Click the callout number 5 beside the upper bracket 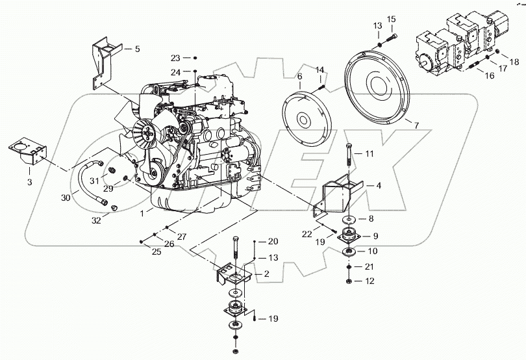(137, 49)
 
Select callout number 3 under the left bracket (29, 183)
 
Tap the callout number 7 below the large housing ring (416, 126)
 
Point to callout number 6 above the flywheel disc (299, 77)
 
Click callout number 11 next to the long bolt (369, 154)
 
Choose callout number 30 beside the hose (66, 198)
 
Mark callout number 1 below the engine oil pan (142, 213)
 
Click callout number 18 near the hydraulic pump (514, 62)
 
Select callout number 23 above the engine (175, 58)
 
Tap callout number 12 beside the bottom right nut (369, 281)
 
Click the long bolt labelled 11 (349, 154)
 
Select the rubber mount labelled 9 (349, 235)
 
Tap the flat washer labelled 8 (349, 220)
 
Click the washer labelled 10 (349, 251)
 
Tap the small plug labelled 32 (114, 208)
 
